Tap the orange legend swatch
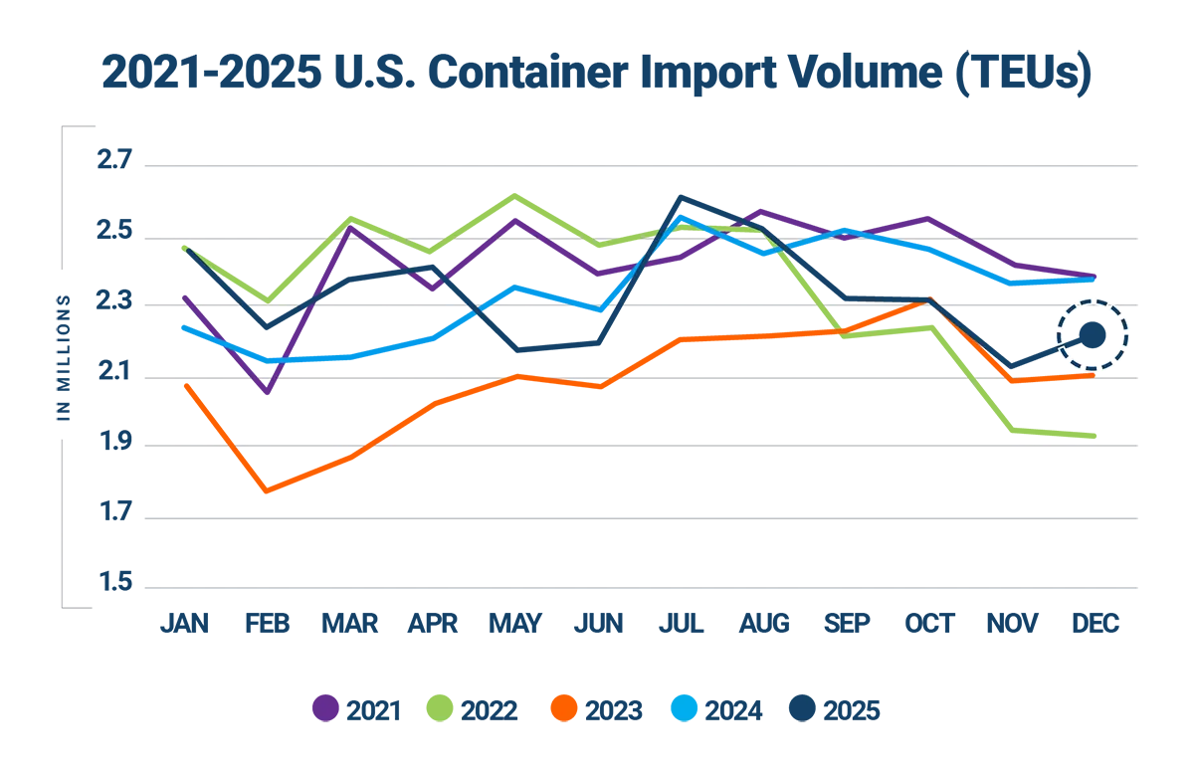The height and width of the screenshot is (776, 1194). (563, 708)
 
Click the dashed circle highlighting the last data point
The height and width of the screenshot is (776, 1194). (1092, 334)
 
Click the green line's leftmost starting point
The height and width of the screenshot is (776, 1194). (185, 249)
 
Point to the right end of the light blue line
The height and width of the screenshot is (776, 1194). (1094, 283)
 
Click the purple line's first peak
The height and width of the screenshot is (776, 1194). (352, 231)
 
